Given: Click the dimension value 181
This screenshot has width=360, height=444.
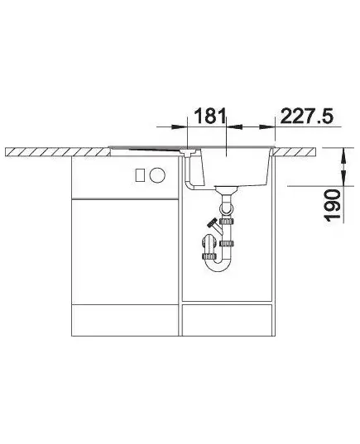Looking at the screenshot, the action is [x=210, y=116].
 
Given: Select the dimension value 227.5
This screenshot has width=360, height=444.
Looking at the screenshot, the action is [x=307, y=116].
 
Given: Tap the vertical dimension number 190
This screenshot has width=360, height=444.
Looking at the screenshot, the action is [x=332, y=205].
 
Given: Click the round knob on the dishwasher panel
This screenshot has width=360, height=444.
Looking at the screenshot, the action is [x=157, y=174].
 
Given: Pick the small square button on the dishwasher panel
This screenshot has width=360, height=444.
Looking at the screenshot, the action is [x=141, y=175].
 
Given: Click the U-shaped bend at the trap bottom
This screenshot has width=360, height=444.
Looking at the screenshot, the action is [x=218, y=265].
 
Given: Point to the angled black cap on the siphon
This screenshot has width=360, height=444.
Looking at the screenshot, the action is [x=212, y=223].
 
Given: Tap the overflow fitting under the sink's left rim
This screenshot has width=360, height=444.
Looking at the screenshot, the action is [x=188, y=152].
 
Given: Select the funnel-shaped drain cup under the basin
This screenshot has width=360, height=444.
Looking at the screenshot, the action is [x=226, y=189].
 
